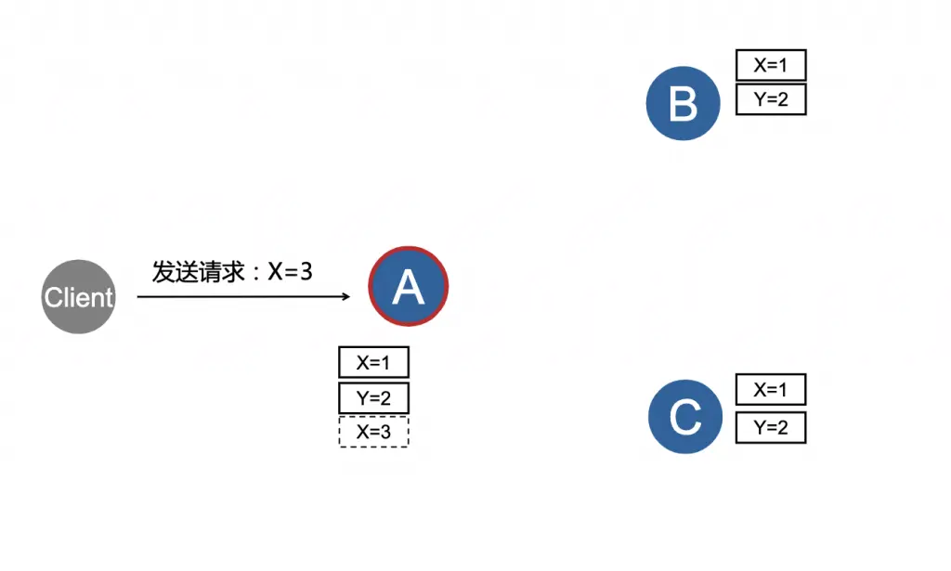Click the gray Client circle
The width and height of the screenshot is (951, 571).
point(79,297)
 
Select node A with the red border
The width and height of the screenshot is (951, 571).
point(409,287)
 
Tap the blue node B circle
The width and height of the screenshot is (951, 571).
point(684,103)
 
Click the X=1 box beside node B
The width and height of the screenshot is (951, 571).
point(771,65)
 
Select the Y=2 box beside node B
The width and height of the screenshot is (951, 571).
point(771,99)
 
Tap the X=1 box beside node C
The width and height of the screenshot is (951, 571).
point(771,390)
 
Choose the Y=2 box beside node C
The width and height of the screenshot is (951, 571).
point(771,427)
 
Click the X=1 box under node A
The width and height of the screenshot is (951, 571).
point(373,362)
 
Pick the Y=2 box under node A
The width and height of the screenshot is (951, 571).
point(373,398)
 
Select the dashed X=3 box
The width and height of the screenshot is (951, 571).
point(373,432)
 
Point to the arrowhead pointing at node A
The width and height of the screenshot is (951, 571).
point(345,297)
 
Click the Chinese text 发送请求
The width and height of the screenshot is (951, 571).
point(198,272)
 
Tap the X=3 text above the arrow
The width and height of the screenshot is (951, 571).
point(290,272)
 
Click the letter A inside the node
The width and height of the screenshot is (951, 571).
point(409,288)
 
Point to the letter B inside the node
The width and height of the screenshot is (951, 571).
point(684,104)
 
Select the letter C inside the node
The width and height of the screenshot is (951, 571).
point(685,418)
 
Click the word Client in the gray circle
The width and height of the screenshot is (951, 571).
point(79,298)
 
